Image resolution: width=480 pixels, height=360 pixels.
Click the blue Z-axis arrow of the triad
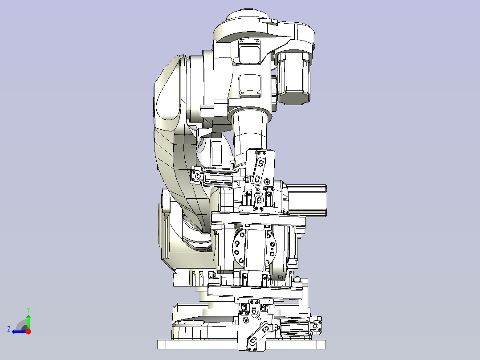19,331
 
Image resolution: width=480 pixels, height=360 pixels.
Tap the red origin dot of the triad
28,331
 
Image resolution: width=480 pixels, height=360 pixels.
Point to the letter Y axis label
28,310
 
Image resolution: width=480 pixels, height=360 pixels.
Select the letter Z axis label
9,329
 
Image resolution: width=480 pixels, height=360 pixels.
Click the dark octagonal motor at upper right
293,78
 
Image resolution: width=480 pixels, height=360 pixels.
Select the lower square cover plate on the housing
250,86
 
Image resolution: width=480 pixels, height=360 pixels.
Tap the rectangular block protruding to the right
307,200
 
